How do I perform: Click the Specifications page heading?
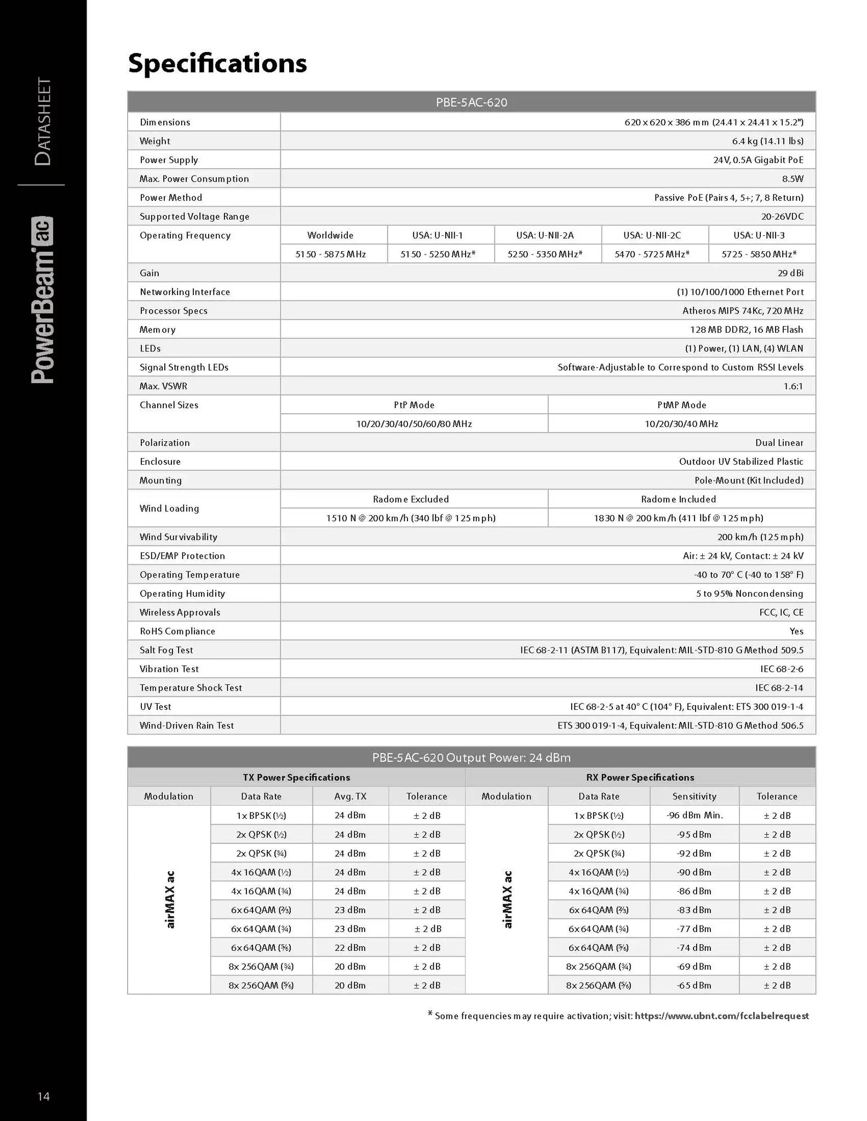tap(217, 63)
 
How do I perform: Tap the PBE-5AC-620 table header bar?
tap(471, 102)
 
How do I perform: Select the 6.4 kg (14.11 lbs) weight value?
tap(767, 141)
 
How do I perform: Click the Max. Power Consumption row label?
tap(194, 179)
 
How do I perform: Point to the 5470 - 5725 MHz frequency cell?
tap(652, 254)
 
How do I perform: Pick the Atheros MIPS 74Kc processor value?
tap(743, 311)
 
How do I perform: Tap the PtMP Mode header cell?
tap(681, 405)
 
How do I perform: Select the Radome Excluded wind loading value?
tap(411, 518)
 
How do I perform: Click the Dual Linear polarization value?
tap(779, 443)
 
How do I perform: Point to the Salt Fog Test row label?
tap(166, 650)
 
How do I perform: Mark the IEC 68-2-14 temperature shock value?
tap(779, 688)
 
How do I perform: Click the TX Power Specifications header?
tap(296, 777)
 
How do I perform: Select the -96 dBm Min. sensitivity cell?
tap(694, 816)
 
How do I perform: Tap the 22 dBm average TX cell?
tap(350, 947)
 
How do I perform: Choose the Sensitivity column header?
tap(694, 796)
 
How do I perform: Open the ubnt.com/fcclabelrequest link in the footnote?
tap(721, 1016)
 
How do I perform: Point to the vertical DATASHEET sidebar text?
tap(43, 122)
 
